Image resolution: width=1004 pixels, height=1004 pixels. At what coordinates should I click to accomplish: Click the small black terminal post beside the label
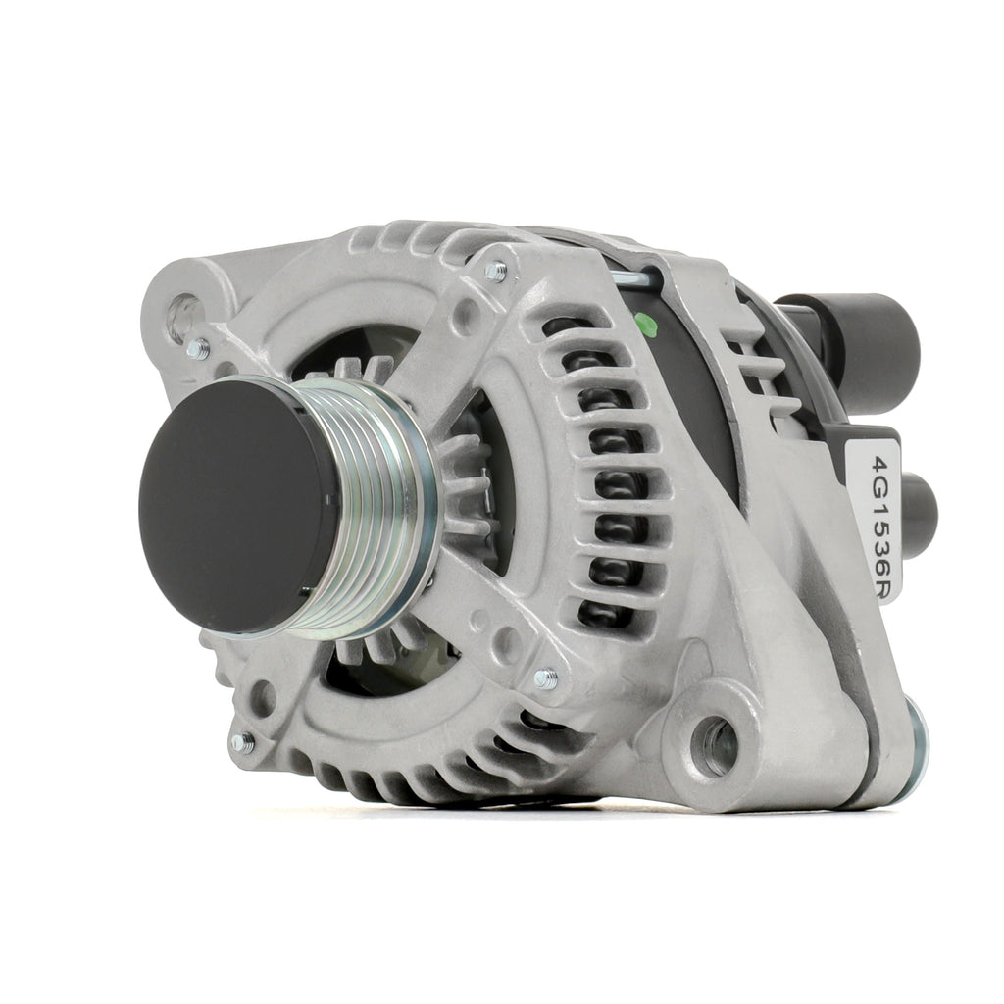point(919,514)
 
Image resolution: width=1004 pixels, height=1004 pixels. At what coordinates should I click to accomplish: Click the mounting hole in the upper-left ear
point(184,317)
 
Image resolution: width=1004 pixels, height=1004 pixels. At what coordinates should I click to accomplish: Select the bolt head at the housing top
point(496,271)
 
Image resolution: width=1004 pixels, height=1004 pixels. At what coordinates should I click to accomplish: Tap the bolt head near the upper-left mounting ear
point(198,348)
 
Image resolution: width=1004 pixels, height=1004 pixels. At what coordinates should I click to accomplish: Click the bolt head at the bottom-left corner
point(241,743)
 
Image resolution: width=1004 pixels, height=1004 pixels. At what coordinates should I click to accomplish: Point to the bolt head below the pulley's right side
point(545,678)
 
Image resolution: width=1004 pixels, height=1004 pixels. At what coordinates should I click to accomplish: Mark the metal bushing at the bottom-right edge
point(914,750)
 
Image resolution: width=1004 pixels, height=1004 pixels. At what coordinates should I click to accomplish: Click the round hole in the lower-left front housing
point(262,697)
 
